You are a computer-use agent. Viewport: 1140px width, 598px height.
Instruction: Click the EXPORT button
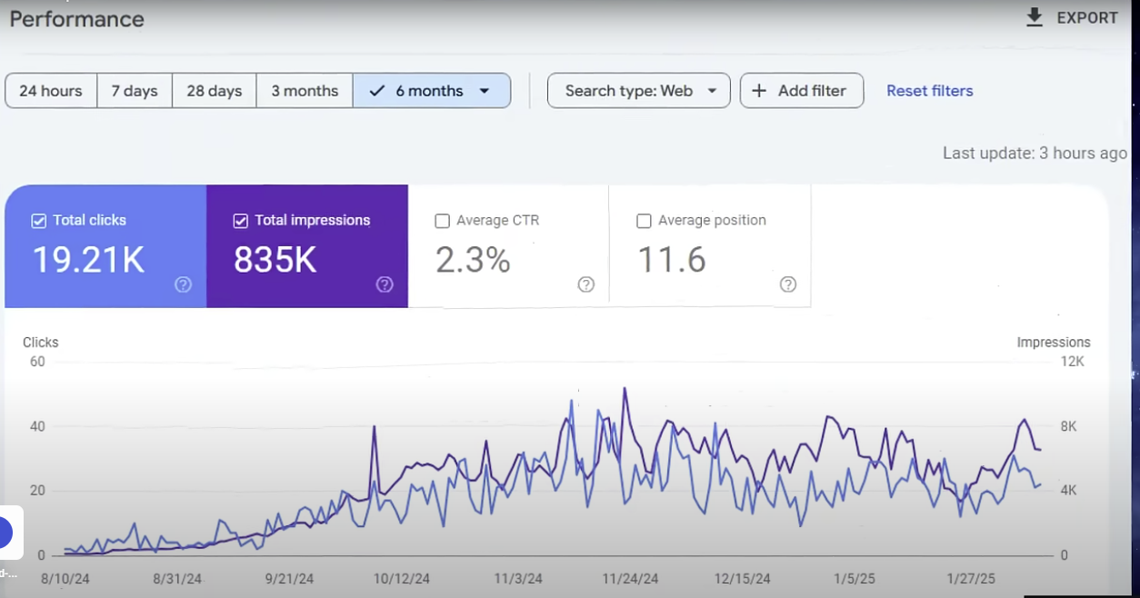pos(1072,18)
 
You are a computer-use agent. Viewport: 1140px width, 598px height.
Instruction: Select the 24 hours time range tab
pos(51,91)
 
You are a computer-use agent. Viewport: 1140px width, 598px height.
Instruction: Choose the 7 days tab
pos(135,91)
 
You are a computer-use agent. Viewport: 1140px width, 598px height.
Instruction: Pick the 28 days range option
pos(215,91)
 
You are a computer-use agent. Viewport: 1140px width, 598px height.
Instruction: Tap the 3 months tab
pos(305,91)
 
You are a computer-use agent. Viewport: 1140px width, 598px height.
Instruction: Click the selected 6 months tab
pos(430,91)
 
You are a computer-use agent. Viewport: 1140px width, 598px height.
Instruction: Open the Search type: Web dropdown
pos(638,91)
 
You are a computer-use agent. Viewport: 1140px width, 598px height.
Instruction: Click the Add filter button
pos(801,91)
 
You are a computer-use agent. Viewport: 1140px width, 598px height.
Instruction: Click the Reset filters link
pos(929,91)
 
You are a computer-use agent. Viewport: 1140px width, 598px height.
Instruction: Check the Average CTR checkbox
pos(443,221)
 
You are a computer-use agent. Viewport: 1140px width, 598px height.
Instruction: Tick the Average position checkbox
pos(645,221)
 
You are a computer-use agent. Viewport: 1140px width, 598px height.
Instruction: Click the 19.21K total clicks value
pos(88,260)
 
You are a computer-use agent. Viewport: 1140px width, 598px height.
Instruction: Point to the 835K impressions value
pos(275,260)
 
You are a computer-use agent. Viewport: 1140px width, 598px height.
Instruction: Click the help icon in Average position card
pos(788,284)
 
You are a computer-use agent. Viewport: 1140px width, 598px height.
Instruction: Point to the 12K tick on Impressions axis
pos(1072,362)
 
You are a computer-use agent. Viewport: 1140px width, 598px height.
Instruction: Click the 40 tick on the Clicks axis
pos(37,426)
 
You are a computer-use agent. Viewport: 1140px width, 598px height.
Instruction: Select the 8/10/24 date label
pos(65,579)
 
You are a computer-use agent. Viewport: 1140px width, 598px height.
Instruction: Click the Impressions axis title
pos(1053,343)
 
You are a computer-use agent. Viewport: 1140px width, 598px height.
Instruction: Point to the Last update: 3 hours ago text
pos(1034,154)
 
